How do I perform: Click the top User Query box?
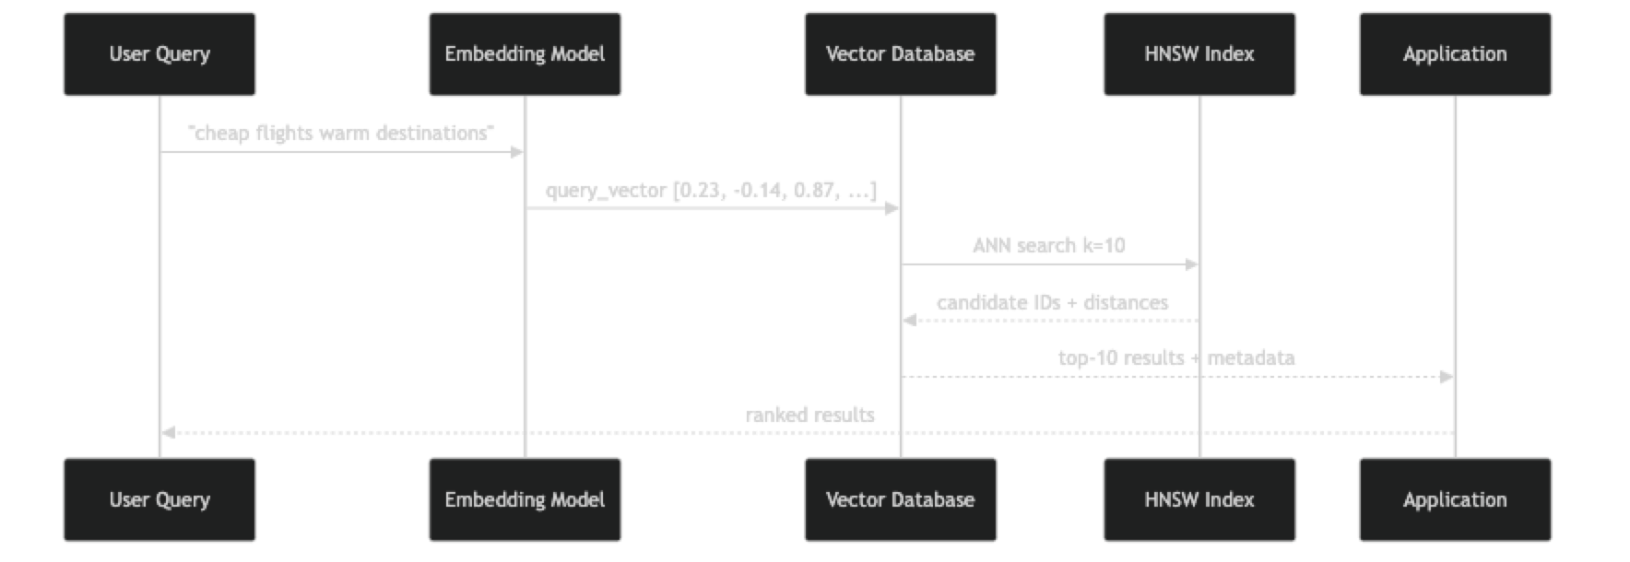coord(159,54)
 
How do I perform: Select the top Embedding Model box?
coord(525,54)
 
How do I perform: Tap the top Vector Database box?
coord(900,54)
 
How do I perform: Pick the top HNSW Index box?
coord(1199,54)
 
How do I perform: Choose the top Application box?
coord(1455,54)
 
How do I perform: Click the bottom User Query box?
coord(159,500)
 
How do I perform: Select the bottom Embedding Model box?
coord(525,500)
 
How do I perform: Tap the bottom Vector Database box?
coord(900,500)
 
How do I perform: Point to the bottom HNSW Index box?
coord(1199,500)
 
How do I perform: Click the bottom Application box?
coord(1455,500)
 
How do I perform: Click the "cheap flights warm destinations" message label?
coord(341,134)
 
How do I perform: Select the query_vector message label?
coord(711,191)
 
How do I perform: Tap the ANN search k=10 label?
coord(1048,246)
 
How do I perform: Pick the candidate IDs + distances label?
coord(1052,303)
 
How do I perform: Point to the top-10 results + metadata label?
coord(1176,358)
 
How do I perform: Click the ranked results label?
coord(809,416)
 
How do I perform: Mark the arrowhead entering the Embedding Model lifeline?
coord(518,152)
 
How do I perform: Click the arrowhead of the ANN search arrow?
coord(1192,264)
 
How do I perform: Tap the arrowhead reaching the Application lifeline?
coord(1447,377)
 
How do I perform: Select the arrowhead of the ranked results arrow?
coord(168,432)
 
